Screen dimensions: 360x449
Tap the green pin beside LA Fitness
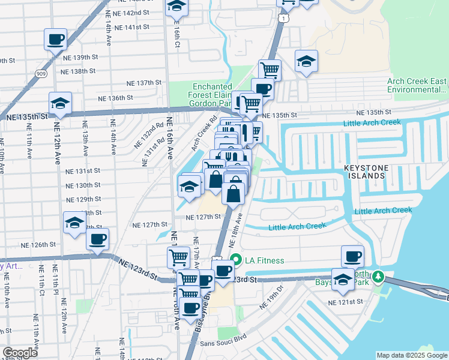click(x=236, y=260)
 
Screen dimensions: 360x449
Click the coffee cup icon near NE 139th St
click(x=56, y=40)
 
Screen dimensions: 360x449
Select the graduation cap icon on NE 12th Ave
click(x=60, y=103)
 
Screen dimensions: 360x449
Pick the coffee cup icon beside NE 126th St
click(x=97, y=239)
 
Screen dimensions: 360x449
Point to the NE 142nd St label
click(x=133, y=13)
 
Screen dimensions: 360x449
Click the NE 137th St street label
click(x=144, y=83)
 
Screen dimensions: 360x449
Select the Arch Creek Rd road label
click(x=203, y=133)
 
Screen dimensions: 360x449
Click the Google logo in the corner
click(x=20, y=353)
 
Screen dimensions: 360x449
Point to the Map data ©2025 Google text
click(x=411, y=355)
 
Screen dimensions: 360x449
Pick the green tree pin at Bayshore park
click(x=378, y=277)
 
